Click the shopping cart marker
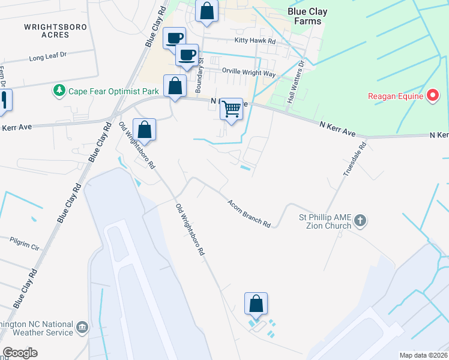(x=231, y=109)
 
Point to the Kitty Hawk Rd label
(x=255, y=41)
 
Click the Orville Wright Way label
(x=249, y=73)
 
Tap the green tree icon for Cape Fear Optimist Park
(x=59, y=91)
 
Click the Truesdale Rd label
(x=354, y=159)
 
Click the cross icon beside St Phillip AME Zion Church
(x=360, y=220)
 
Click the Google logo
(x=20, y=353)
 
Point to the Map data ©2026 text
(x=423, y=355)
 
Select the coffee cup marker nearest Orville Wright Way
(x=187, y=55)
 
